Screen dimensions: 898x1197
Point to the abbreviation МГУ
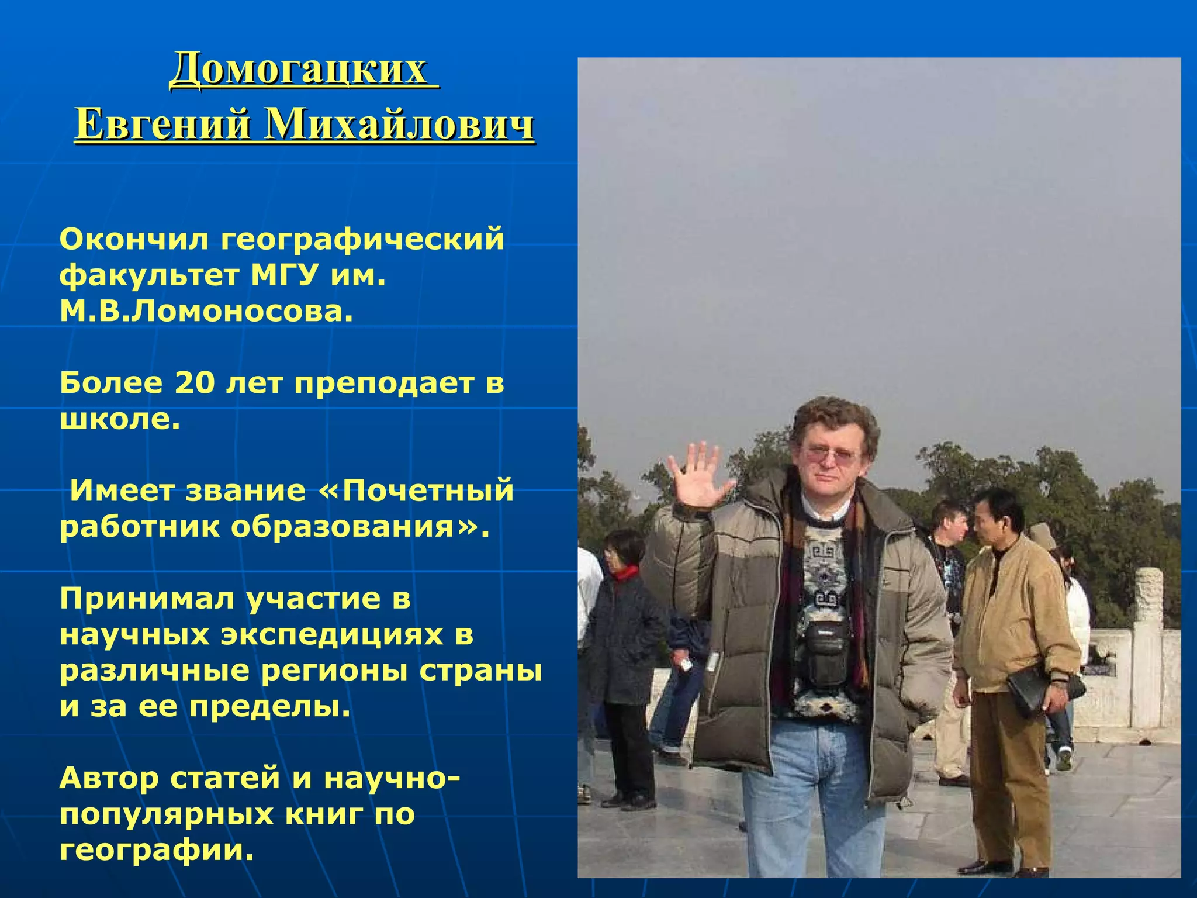(x=285, y=275)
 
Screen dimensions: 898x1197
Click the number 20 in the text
(x=195, y=384)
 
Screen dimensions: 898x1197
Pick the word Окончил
(x=134, y=239)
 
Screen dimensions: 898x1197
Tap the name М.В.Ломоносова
(x=206, y=312)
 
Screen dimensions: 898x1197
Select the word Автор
(x=109, y=778)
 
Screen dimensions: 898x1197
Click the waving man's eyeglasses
(x=830, y=455)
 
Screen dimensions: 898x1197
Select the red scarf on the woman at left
(x=625, y=572)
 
